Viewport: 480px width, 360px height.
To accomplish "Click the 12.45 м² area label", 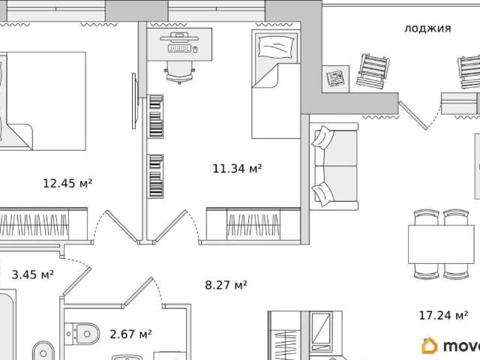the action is pyautogui.click(x=67, y=183).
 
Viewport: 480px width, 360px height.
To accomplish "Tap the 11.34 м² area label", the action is pyautogui.click(x=237, y=168).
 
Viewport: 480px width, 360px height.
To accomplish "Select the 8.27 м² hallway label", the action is pyautogui.click(x=226, y=285).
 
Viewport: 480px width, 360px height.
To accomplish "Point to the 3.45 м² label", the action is pyautogui.click(x=33, y=274).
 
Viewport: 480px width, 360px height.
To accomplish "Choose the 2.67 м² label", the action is pyautogui.click(x=130, y=334).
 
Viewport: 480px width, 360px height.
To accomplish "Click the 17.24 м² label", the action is pyautogui.click(x=443, y=315).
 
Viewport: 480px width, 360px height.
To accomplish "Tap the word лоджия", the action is pyautogui.click(x=427, y=28).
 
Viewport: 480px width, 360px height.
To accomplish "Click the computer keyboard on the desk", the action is pyautogui.click(x=180, y=48).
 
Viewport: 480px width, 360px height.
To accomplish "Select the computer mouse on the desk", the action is pyautogui.click(x=195, y=49).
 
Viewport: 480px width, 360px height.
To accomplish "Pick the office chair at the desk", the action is pyautogui.click(x=180, y=72).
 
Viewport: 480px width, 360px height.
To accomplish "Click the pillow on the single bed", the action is pyautogui.click(x=276, y=46).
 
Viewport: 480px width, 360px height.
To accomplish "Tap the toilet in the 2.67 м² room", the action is pyautogui.click(x=82, y=333).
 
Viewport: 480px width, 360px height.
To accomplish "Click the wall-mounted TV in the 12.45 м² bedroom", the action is pyautogui.click(x=134, y=101).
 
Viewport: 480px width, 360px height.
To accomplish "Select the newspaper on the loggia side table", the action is pyautogui.click(x=335, y=79).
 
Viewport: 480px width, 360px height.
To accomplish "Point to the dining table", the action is pyautogui.click(x=441, y=244).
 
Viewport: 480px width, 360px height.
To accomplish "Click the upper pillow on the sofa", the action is pyautogui.click(x=322, y=137).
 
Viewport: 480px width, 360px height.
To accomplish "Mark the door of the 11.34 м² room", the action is pyautogui.click(x=171, y=226).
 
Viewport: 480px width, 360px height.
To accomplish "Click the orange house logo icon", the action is pyautogui.click(x=430, y=346).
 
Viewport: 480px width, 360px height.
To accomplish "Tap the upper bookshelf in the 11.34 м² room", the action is pyautogui.click(x=155, y=116).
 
